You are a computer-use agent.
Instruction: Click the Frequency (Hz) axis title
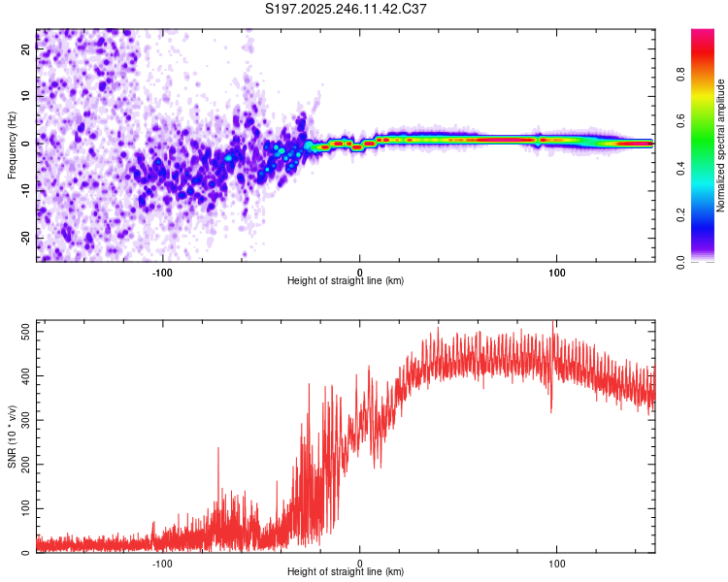(x=12, y=145)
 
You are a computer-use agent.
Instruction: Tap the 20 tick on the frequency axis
(x=26, y=51)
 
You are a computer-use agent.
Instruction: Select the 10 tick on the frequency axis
(x=26, y=97)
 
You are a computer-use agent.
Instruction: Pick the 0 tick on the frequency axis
(x=26, y=144)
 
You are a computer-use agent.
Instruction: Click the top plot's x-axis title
(x=346, y=281)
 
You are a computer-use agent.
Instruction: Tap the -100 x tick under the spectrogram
(x=162, y=273)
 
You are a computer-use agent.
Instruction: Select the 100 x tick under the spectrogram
(x=557, y=273)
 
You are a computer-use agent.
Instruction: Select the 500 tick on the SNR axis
(x=26, y=331)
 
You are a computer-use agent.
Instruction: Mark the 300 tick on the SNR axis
(x=26, y=420)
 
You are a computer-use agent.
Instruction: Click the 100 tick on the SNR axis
(x=26, y=508)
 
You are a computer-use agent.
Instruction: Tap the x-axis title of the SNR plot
(x=346, y=572)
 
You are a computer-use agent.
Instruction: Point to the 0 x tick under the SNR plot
(x=360, y=564)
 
